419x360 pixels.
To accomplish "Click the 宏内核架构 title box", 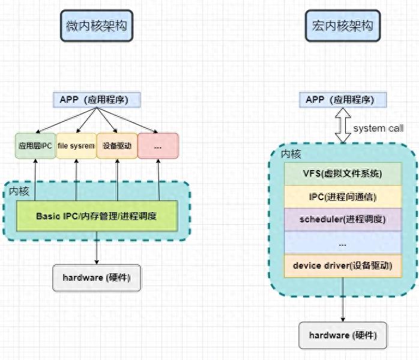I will click(x=343, y=26).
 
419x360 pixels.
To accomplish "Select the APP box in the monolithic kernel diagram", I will click(x=343, y=99).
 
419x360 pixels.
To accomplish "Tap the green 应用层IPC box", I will click(x=35, y=146).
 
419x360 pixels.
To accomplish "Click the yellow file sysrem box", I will click(x=76, y=146).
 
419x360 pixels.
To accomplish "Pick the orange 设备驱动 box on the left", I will click(x=116, y=146).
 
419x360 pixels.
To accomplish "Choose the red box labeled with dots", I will click(x=158, y=146).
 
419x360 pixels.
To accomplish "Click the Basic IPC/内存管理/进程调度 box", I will click(x=97, y=216).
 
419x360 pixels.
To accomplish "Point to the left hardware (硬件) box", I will click(x=97, y=278).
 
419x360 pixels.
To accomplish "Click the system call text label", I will click(x=378, y=129).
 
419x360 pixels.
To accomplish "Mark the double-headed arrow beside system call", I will click(x=343, y=126).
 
